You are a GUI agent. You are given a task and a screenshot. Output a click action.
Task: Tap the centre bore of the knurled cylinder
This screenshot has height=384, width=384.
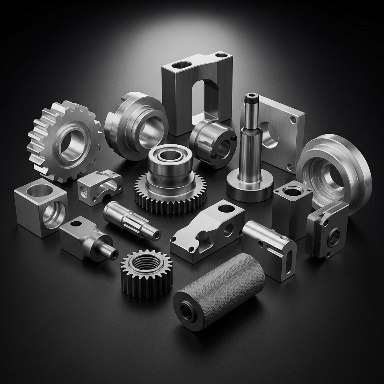(x=187, y=311)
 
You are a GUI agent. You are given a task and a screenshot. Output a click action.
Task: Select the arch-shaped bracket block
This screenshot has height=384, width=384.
(x=197, y=94)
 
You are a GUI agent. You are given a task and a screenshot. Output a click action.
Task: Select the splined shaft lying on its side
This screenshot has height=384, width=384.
(x=131, y=221)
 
